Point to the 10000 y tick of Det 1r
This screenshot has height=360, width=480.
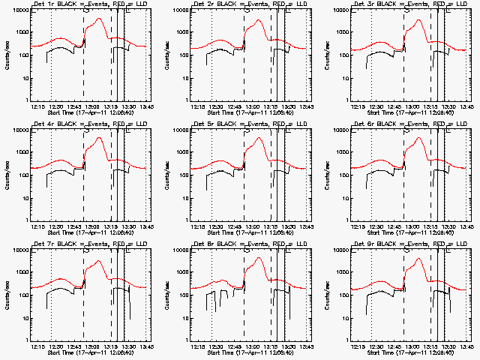pyautogui.click(x=19, y=10)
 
